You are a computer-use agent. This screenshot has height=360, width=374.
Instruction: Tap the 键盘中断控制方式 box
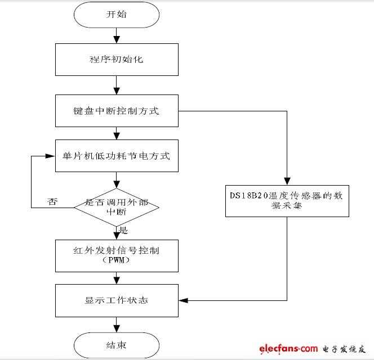coord(117,111)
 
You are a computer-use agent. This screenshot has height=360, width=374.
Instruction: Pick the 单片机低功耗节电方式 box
coord(117,156)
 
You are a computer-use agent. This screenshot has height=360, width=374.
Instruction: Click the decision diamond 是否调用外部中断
coord(117,207)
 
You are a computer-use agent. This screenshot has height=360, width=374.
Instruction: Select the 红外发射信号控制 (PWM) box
coord(117,255)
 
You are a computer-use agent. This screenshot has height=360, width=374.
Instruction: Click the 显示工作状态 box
coord(117,301)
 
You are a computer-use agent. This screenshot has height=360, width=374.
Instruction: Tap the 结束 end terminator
coord(117,344)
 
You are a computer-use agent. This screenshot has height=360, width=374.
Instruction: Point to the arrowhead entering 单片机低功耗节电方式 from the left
coord(52,155)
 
